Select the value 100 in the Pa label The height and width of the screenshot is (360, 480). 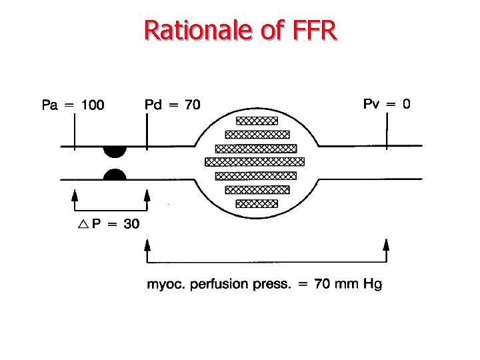(93, 105)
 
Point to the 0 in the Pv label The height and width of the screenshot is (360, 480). (405, 103)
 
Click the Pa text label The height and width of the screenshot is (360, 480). (50, 105)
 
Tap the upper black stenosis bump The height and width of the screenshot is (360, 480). (115, 150)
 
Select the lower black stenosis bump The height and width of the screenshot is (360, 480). (115, 175)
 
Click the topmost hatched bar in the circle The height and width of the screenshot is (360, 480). (257, 121)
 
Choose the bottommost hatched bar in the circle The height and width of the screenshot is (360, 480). (257, 203)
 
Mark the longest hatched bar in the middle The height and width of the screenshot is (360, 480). (255, 161)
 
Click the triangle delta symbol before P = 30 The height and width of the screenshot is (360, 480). (83, 224)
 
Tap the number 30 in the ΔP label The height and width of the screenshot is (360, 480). (131, 224)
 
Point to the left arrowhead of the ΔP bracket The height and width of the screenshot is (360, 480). (75, 195)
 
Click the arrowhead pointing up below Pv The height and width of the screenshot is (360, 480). (386, 244)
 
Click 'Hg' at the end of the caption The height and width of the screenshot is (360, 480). (372, 285)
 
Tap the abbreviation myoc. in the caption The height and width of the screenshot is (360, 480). (166, 285)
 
